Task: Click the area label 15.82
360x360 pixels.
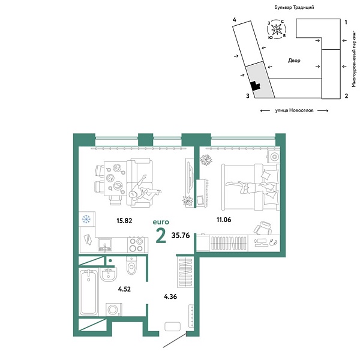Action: (125, 220)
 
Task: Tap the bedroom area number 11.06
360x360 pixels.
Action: (224, 220)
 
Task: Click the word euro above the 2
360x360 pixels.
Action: (161, 221)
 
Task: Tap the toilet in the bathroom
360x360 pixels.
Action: (133, 265)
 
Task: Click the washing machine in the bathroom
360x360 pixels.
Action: (114, 310)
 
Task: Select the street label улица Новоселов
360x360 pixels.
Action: (293, 110)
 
